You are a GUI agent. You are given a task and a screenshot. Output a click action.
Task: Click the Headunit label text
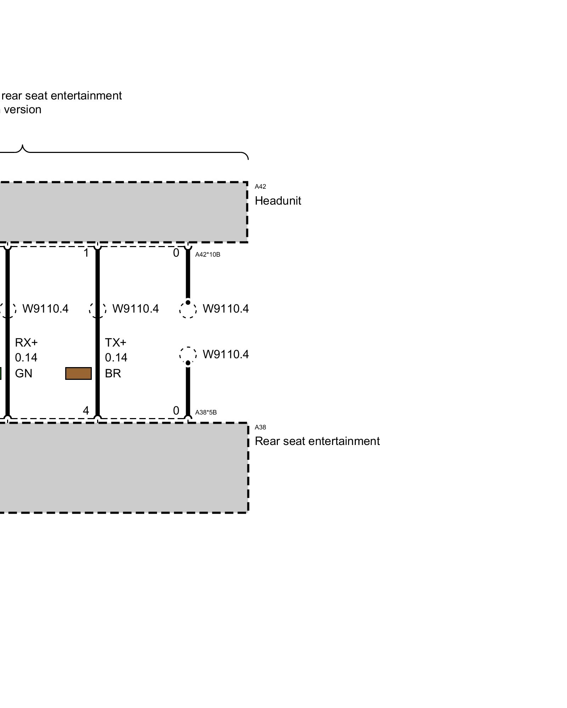[277, 201]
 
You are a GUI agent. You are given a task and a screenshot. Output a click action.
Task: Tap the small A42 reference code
[260, 187]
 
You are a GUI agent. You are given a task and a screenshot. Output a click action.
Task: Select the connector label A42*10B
[208, 255]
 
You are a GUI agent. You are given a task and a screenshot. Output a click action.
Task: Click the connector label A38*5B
[206, 412]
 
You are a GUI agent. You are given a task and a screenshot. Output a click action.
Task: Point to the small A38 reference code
[260, 427]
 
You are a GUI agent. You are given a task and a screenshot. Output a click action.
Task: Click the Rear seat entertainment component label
[317, 441]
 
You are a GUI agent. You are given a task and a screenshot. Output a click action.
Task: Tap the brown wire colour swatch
[78, 373]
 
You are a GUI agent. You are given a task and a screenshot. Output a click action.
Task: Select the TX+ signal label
[116, 343]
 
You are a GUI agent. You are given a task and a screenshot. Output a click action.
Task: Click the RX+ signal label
[26, 343]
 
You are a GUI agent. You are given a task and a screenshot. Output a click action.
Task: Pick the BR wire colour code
[113, 373]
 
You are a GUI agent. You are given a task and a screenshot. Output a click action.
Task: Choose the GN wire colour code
[24, 373]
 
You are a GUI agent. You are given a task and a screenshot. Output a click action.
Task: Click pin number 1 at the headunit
[86, 253]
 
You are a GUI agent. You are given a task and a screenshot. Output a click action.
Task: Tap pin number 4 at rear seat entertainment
[86, 411]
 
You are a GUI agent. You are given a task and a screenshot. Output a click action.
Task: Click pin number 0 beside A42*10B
[176, 253]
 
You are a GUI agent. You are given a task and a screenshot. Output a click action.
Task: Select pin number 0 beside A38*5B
[176, 411]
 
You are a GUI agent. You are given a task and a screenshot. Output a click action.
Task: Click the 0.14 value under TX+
[116, 358]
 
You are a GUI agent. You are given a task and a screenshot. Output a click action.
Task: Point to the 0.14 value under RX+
[26, 358]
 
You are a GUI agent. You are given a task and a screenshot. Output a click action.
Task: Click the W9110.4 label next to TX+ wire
[135, 309]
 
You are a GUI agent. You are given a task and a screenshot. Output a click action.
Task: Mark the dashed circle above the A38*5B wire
[188, 354]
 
